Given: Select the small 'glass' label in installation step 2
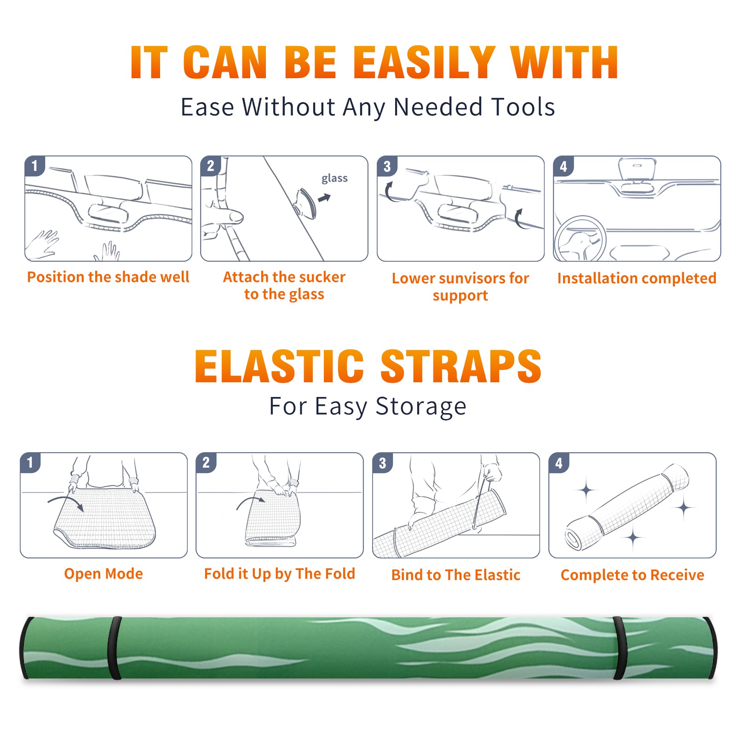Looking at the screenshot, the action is click(334, 178).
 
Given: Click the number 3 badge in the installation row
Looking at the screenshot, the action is click(387, 166).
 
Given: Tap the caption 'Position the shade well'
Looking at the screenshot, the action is click(108, 277).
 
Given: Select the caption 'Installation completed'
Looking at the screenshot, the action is click(637, 278).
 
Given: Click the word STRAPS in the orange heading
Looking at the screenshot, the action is click(461, 366).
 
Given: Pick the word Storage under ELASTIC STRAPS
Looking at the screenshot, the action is click(421, 407).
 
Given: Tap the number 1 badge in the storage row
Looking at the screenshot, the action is click(30, 462).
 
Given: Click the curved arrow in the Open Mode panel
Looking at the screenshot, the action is click(66, 501).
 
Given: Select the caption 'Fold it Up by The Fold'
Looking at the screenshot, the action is click(280, 574).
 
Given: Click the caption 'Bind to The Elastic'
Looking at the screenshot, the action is click(456, 575).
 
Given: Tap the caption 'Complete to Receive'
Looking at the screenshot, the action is click(632, 575).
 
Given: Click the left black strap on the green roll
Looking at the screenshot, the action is click(115, 648).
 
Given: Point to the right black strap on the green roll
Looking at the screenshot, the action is click(620, 648).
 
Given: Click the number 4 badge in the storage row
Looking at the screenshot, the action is click(559, 462).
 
